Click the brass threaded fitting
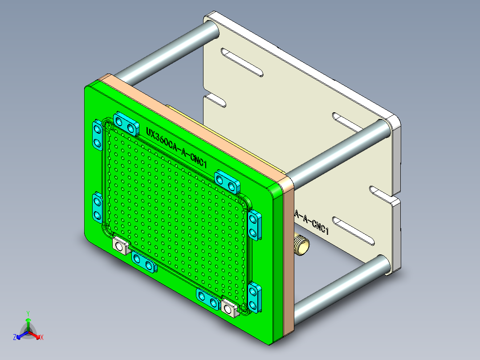pyautogui.click(x=302, y=245)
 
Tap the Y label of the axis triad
pyautogui.click(x=28, y=313)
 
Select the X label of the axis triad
pyautogui.click(x=42, y=337)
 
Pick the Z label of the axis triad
pyautogui.click(x=15, y=337)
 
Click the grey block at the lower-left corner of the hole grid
pyautogui.click(x=120, y=245)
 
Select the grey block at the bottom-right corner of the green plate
pyautogui.click(x=229, y=307)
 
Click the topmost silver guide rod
pyautogui.click(x=165, y=52)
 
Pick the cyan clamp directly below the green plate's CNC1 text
pyautogui.click(x=227, y=180)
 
